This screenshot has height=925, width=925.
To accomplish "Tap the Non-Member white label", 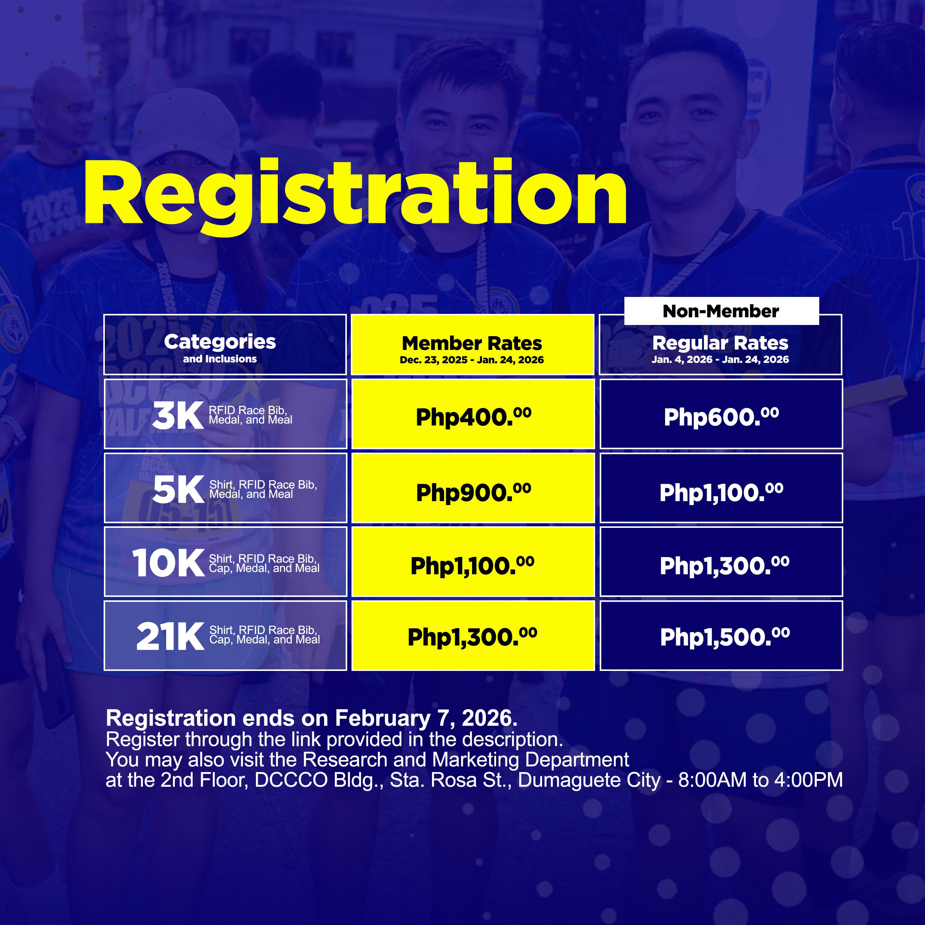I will [721, 311].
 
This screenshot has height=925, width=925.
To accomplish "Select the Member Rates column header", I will [472, 344].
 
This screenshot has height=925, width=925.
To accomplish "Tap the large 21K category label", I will [171, 637].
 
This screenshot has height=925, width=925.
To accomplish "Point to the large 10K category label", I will [169, 563].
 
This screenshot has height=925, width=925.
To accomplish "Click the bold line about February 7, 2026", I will [311, 718].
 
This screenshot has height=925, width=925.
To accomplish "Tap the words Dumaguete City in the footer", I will [589, 780].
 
